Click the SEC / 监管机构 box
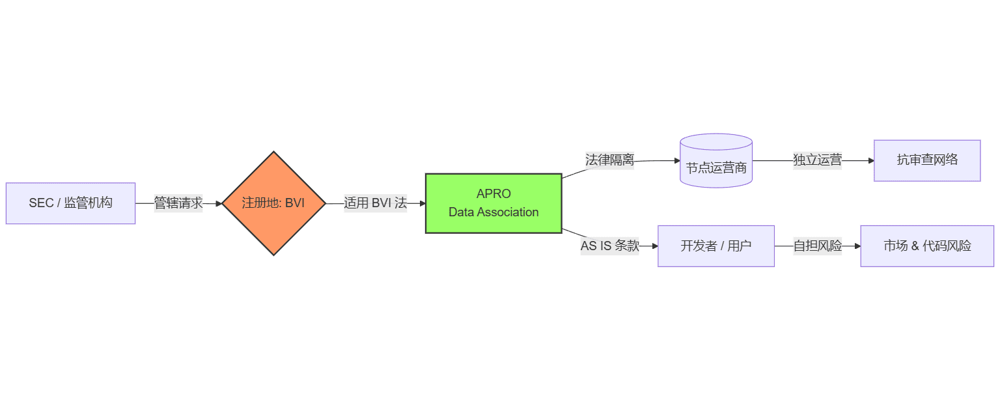[70, 203]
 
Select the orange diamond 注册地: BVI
[273, 203]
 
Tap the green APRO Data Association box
[493, 203]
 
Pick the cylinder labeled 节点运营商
[716, 163]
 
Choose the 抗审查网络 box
[927, 160]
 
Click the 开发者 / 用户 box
[716, 246]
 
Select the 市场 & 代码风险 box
[927, 246]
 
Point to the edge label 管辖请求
[178, 203]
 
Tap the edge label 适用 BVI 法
[375, 203]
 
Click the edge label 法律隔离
[609, 160]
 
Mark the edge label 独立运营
[817, 160]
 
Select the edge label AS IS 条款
[610, 246]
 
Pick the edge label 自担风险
[817, 246]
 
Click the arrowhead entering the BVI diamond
[218, 203]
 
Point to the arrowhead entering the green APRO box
[422, 203]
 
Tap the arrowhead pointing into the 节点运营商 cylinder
[676, 160]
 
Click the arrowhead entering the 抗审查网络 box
[870, 160]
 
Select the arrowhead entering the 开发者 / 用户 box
[654, 246]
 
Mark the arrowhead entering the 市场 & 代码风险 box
[857, 246]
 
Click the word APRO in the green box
[493, 194]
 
